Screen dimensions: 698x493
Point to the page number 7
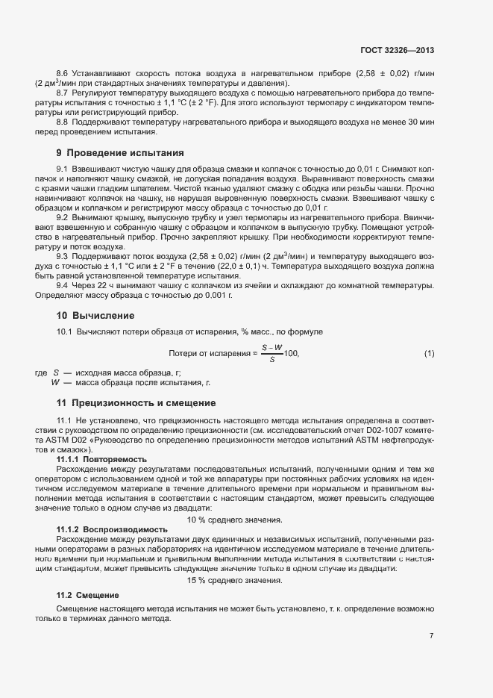tap(431, 636)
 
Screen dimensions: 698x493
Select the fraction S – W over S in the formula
tap(271, 353)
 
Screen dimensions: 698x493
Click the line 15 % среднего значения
tap(234, 581)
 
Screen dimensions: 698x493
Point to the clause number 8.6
tap(63, 73)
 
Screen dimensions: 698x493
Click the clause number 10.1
tap(64, 331)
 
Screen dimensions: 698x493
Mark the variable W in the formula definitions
tap(55, 382)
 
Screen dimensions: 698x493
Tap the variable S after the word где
tap(56, 373)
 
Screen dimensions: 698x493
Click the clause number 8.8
tap(63, 122)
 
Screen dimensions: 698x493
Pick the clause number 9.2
tap(63, 215)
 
